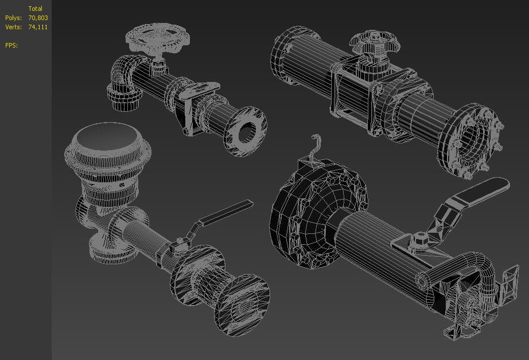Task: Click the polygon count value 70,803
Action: [38, 18]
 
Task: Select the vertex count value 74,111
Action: [38, 27]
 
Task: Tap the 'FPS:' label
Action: [11, 45]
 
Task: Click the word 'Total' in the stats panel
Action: [36, 9]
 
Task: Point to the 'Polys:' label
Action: [13, 18]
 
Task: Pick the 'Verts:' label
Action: [13, 27]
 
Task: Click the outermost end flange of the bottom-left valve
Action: [241, 304]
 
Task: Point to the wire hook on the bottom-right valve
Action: [313, 149]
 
